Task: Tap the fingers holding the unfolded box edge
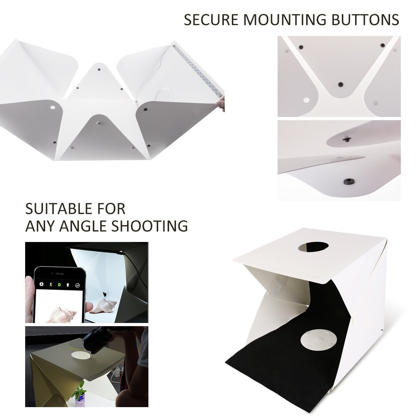point(221,104)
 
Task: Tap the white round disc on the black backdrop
point(315,338)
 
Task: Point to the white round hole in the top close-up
point(307,100)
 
